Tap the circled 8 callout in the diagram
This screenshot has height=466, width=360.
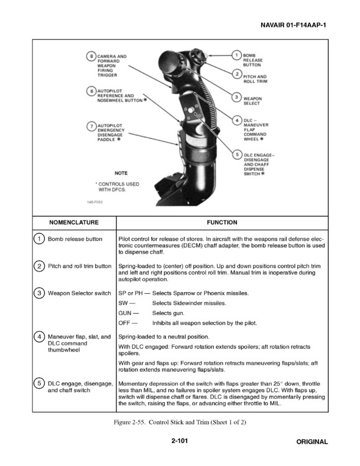91,57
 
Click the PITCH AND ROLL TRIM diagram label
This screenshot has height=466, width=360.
255,79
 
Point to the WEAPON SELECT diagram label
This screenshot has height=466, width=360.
252,101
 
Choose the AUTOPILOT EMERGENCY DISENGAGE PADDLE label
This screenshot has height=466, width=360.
111,132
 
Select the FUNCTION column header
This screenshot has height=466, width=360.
222,222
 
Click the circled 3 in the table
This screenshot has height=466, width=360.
39,293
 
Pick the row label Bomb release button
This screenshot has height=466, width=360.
75,239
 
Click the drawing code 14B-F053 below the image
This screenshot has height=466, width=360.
95,201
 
